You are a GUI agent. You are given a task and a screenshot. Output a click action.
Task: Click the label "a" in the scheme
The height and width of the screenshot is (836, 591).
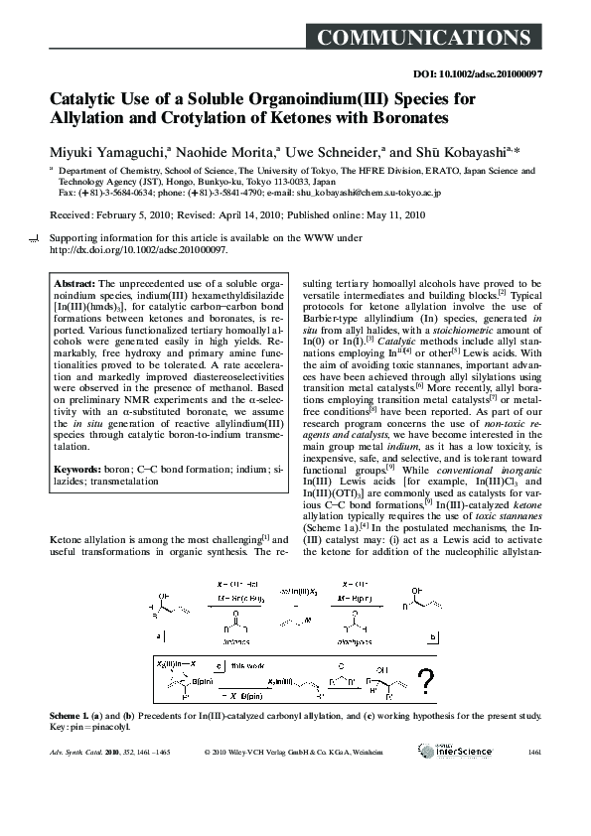pyautogui.click(x=158, y=634)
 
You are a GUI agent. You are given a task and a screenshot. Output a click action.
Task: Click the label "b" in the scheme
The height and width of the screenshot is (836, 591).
pyautogui.click(x=433, y=634)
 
